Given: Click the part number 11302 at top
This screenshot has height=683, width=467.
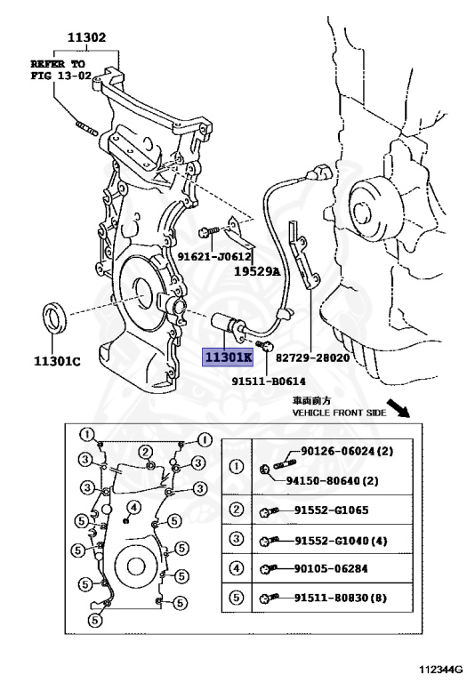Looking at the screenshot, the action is pos(86,37).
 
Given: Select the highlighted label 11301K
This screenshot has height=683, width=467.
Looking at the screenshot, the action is pos(228,358).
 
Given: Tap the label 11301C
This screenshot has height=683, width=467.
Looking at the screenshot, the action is pos(57,361).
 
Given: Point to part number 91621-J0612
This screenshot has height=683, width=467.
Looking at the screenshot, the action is pos(214,256).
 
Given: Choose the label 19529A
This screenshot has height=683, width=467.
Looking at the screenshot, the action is pos(257,272).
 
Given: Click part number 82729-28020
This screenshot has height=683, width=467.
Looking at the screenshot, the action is pos(313,358).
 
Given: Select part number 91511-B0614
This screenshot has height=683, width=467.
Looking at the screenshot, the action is pos(269,382).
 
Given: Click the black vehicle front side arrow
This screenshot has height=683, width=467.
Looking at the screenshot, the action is pos(399,407).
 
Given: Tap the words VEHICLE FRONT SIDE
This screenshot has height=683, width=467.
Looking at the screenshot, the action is pos(339,413).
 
